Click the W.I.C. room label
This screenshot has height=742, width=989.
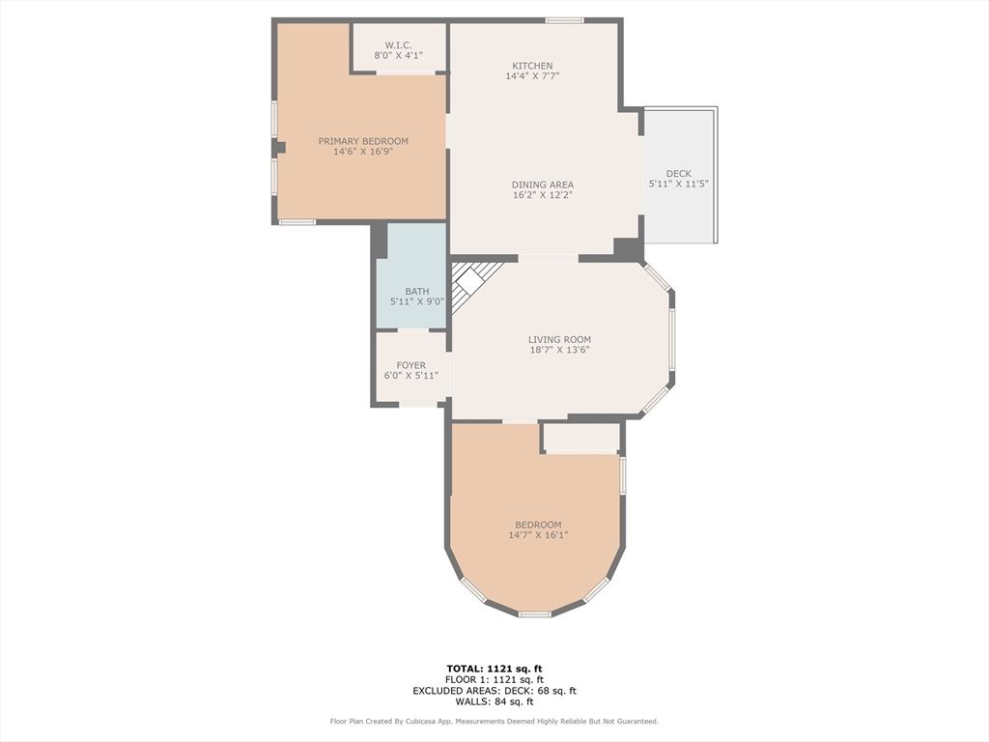398,45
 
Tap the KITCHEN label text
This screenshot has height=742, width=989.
532,66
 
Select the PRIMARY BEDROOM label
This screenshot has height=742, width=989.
363,141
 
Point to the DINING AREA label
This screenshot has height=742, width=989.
543,185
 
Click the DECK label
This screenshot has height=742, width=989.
679,174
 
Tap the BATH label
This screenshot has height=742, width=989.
417,292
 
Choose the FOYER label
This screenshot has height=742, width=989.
411,365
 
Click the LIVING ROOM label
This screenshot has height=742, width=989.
559,339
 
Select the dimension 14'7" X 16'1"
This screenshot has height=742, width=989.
538,535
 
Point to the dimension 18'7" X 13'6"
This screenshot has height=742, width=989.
559,350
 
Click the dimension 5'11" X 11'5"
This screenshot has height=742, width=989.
679,184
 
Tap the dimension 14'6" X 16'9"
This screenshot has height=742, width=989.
363,152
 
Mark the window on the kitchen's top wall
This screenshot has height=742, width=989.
564,21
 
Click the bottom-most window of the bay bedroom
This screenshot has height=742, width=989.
535,614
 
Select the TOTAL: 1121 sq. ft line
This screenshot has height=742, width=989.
494,669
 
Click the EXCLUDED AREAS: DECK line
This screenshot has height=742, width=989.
494,690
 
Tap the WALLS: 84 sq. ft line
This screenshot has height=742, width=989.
494,701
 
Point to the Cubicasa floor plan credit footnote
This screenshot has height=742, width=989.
494,721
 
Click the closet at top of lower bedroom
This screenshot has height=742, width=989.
581,438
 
